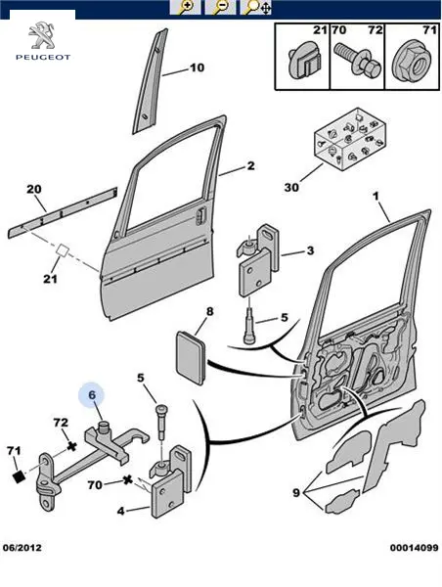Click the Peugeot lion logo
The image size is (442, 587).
click(x=41, y=36)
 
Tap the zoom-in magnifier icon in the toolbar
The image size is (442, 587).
click(x=185, y=7)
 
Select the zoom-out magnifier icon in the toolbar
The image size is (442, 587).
click(x=221, y=7)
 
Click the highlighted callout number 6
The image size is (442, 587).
click(x=92, y=395)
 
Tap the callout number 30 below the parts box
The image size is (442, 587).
click(x=291, y=187)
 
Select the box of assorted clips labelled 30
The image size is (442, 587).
click(x=350, y=140)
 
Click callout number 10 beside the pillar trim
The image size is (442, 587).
click(x=197, y=68)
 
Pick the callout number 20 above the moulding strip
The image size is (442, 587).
click(x=34, y=189)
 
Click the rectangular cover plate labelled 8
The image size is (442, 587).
click(x=191, y=358)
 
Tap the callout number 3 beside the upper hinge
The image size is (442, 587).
click(x=310, y=250)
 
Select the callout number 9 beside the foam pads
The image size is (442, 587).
click(x=296, y=493)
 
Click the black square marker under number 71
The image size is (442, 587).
click(x=19, y=476)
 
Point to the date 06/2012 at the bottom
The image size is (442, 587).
click(x=22, y=548)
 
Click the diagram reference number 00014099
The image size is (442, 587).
click(x=414, y=548)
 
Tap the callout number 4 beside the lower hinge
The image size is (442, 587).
click(x=120, y=511)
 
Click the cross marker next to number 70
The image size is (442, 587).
click(x=128, y=479)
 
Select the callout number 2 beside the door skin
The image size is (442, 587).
click(x=250, y=165)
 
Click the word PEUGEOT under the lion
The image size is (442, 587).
click(x=43, y=58)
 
